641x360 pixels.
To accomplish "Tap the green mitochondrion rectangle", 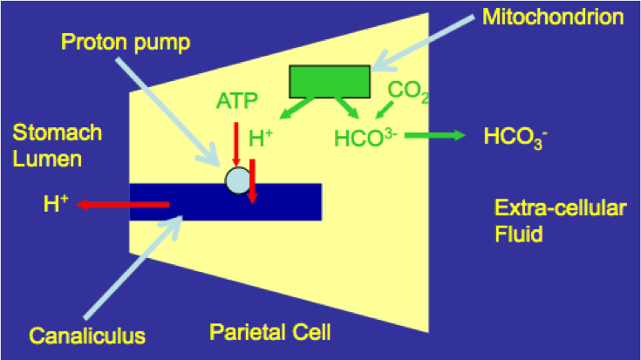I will click(329, 81).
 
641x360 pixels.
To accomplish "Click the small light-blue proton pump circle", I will click(237, 180).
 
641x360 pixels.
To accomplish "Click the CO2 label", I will click(407, 90).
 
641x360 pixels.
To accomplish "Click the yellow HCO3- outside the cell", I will click(514, 137).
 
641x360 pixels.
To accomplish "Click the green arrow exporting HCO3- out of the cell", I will click(434, 135).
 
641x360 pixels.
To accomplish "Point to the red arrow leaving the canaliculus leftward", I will click(122, 205).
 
